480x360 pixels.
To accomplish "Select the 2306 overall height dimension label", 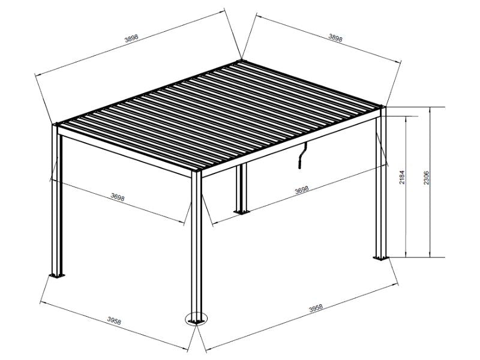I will pyautogui.click(x=426, y=178).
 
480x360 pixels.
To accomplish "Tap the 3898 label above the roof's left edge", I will pyautogui.click(x=131, y=38).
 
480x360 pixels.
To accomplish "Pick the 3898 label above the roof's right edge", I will pyautogui.click(x=336, y=38).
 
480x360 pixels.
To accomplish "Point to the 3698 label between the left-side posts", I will pyautogui.click(x=118, y=197).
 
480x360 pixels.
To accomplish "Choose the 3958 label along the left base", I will pyautogui.click(x=113, y=322).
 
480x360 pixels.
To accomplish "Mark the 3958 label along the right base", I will pyautogui.click(x=316, y=308).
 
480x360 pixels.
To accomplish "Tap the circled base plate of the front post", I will pyautogui.click(x=196, y=319).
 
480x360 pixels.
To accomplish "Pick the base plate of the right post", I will pyautogui.click(x=380, y=258).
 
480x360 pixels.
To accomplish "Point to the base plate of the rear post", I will pyautogui.click(x=242, y=211).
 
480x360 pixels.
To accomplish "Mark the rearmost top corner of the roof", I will pyautogui.click(x=241, y=60).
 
